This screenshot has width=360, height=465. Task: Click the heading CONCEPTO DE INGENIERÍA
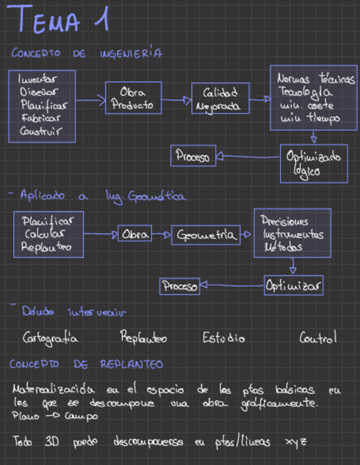click(x=86, y=53)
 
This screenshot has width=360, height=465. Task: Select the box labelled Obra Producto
click(x=133, y=98)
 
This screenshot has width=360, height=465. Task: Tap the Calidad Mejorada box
click(x=220, y=99)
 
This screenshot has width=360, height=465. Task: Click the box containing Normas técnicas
click(x=313, y=98)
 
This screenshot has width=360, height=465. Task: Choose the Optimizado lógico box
click(x=313, y=163)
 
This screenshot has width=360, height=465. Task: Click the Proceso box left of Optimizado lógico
click(x=193, y=156)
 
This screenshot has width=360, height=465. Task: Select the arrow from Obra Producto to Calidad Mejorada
click(x=176, y=100)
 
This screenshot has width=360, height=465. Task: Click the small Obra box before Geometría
click(x=134, y=234)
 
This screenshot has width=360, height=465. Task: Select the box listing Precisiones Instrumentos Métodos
click(x=292, y=233)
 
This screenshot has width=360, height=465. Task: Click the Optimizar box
click(x=293, y=286)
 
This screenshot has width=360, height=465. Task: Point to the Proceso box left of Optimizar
click(x=179, y=286)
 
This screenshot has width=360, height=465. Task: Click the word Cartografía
click(x=50, y=338)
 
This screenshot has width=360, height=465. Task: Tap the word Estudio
click(x=223, y=338)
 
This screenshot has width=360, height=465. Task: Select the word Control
click(x=318, y=338)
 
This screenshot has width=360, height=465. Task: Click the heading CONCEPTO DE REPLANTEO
click(x=86, y=364)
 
